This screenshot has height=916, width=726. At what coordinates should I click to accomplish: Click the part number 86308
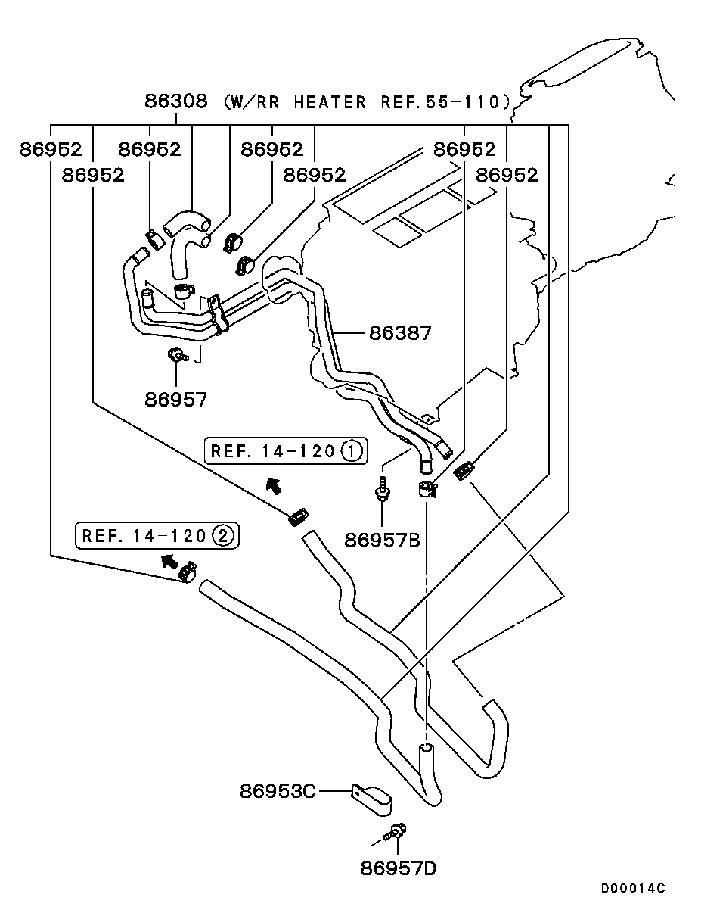(x=175, y=101)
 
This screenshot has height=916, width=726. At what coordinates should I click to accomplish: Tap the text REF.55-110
(x=439, y=101)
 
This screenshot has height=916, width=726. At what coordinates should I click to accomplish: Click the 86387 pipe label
(x=400, y=332)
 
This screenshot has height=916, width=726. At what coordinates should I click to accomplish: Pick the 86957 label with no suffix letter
(x=175, y=399)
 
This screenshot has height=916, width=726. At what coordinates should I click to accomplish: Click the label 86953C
(x=278, y=791)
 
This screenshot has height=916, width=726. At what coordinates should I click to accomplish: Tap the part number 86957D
(x=399, y=868)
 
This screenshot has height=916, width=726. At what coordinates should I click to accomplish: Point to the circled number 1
(x=352, y=452)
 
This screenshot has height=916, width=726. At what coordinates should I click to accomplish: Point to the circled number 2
(x=223, y=536)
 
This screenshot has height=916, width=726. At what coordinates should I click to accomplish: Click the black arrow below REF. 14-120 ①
(x=273, y=485)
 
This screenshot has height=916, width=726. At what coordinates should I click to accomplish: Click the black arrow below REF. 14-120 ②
(x=170, y=561)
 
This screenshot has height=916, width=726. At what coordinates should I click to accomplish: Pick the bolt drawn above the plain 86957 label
(x=178, y=354)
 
